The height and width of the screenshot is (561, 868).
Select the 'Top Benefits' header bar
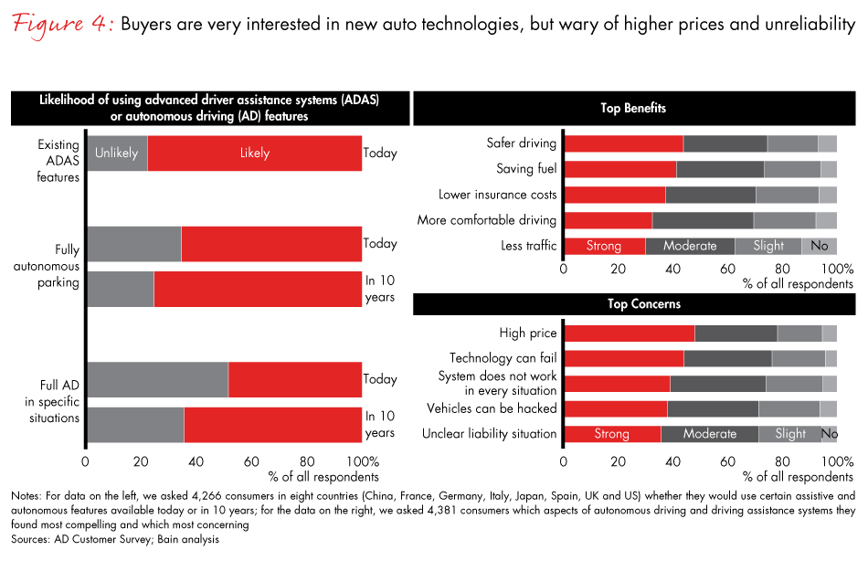tap(633, 109)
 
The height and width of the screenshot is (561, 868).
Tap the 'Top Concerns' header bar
tap(633, 304)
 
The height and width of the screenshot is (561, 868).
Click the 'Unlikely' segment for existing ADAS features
tap(116, 153)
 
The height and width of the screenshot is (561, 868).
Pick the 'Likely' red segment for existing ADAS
tap(254, 153)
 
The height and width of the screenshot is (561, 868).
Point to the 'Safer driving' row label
tap(521, 143)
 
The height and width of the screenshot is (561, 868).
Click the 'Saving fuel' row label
tap(526, 169)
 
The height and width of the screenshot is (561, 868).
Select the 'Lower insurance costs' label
tap(497, 195)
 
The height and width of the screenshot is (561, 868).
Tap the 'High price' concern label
tap(527, 333)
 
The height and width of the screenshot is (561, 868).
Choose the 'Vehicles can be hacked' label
tap(492, 408)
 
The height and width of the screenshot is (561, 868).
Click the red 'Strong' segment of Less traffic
tap(604, 246)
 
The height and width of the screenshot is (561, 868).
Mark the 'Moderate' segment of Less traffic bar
tap(690, 246)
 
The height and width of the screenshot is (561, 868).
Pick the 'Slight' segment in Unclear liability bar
tap(789, 434)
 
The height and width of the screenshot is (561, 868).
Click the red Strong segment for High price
tap(629, 333)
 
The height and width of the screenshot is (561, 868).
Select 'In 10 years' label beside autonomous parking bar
tap(380, 289)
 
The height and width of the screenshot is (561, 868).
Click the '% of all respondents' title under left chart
tap(323, 476)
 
